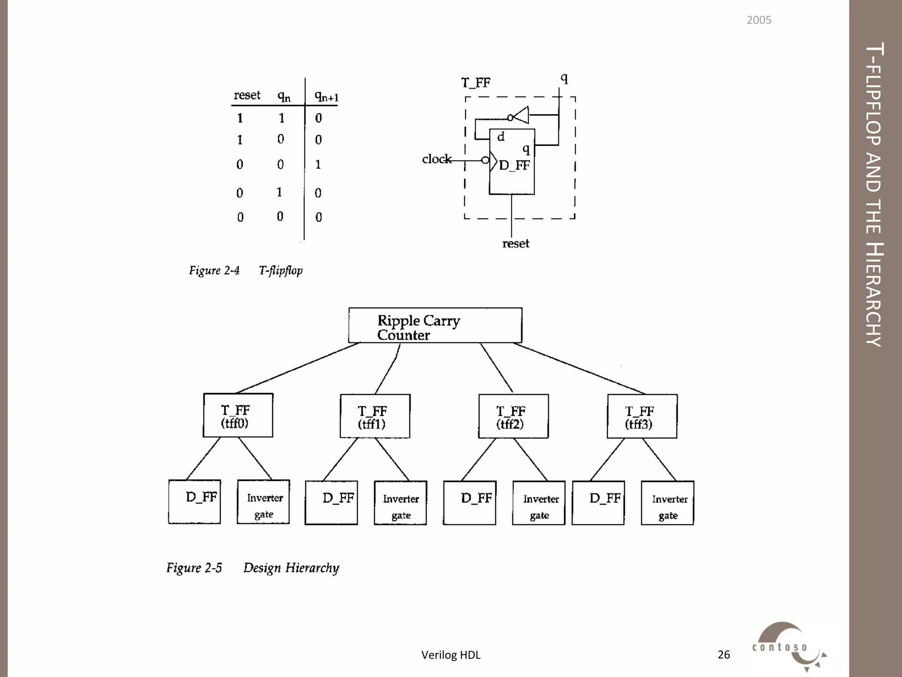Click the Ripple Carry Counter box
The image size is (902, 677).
(x=435, y=325)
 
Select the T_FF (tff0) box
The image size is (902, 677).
(x=238, y=415)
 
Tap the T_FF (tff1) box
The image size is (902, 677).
(x=375, y=416)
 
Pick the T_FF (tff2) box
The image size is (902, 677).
(x=513, y=416)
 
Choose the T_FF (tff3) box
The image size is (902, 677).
(x=642, y=416)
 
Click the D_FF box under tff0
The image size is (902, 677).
(x=194, y=502)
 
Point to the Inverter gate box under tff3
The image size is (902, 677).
(x=667, y=502)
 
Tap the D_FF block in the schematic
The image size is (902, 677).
(x=512, y=162)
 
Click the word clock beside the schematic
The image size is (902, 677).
(x=436, y=159)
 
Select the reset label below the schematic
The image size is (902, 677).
(x=516, y=244)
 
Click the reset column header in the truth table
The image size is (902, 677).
(x=247, y=95)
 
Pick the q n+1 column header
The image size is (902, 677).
(x=326, y=96)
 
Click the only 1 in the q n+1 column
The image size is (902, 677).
(x=318, y=164)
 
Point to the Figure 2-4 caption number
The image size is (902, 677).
(x=214, y=270)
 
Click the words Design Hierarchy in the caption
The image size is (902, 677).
(x=291, y=568)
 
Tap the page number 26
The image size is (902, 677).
(x=724, y=655)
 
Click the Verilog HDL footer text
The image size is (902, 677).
(x=451, y=655)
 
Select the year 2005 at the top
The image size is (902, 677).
(x=758, y=20)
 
